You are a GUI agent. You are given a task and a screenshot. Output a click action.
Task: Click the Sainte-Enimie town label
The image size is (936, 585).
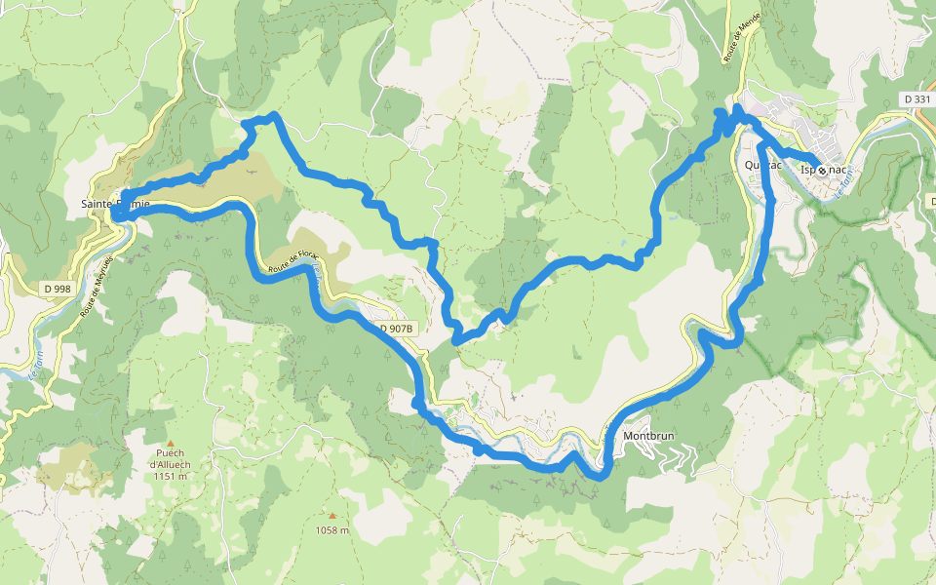pyautogui.click(x=115, y=204)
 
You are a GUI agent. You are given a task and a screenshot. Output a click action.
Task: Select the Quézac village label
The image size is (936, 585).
pyautogui.click(x=762, y=165)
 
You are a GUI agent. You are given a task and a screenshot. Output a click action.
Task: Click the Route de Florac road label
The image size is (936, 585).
pyautogui.click(x=295, y=260)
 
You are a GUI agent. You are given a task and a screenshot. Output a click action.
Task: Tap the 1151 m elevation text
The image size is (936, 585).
pyautogui.click(x=170, y=476)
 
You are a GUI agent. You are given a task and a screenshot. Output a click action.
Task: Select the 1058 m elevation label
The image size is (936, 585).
pyautogui.click(x=331, y=530)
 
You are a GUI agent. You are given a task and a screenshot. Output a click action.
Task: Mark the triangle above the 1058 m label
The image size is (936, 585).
pyautogui.click(x=331, y=517)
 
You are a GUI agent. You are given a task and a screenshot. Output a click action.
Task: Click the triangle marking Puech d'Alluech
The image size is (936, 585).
pyautogui.click(x=170, y=442)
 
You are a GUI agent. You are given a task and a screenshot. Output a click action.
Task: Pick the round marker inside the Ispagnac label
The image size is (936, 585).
pyautogui.click(x=822, y=170)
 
